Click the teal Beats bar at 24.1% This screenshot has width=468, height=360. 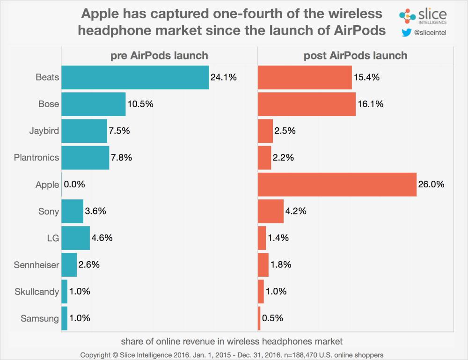pos(135,77)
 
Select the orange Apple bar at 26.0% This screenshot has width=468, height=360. pos(337,184)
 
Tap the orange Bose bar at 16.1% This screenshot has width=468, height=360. pos(307,104)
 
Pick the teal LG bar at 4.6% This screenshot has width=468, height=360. pos(75,238)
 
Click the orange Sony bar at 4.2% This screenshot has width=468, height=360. pos(271,211)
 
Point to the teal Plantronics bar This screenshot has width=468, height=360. pos(85,157)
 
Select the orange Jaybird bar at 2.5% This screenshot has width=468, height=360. pos(265,131)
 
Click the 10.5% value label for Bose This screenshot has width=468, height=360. pos(140,104)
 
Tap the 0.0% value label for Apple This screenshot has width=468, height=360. pos(74,184)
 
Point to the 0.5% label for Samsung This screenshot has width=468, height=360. pos(272,318)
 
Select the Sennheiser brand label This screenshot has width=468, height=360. pos(37,265)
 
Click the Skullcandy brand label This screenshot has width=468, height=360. pos(37,292)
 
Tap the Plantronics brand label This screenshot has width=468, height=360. pos(37,157)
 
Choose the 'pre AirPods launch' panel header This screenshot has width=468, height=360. pos(159,56)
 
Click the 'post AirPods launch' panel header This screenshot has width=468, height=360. pos(356,56)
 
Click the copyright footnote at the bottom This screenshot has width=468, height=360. pos(232,354)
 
